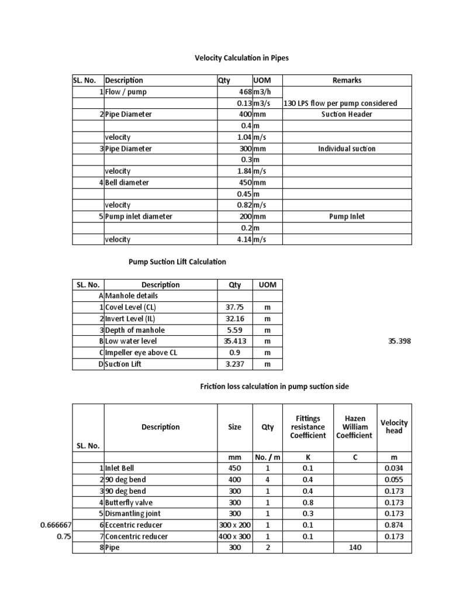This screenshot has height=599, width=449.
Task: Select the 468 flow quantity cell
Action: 244,92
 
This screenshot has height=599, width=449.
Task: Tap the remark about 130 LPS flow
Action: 340,104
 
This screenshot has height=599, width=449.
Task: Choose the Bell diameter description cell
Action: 127,183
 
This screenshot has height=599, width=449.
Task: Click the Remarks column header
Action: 347,81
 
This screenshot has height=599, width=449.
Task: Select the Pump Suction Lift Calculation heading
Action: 177,262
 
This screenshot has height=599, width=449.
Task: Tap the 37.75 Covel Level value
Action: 234,308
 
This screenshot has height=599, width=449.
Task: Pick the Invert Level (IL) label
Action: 129,319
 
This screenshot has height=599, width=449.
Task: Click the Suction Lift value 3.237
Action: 234,364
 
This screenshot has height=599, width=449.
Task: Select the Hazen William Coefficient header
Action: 354,427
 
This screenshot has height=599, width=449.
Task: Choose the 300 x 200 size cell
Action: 234,525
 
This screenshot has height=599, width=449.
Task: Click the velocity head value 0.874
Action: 394,525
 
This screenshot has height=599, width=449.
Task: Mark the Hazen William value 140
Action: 354,548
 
